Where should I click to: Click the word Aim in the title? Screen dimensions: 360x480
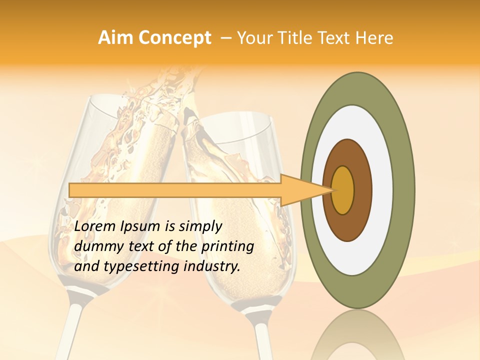pyautogui.click(x=116, y=38)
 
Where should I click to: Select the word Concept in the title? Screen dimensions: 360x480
pyautogui.click(x=175, y=38)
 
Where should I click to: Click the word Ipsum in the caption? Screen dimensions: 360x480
pyautogui.click(x=141, y=227)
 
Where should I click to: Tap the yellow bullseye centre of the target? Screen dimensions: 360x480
pyautogui.click(x=343, y=190)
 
